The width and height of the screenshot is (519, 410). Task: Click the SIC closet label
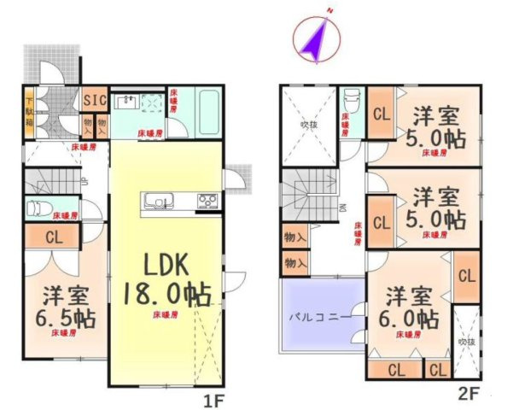pos(94,100)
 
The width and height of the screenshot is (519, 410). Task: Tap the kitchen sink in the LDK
pos(157,203)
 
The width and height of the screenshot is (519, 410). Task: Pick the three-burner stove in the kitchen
pos(207,202)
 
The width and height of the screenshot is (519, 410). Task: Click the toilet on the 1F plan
pos(41,208)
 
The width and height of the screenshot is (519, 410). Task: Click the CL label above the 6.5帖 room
pos(54,237)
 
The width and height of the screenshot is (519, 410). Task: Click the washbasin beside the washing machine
pos(125,100)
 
